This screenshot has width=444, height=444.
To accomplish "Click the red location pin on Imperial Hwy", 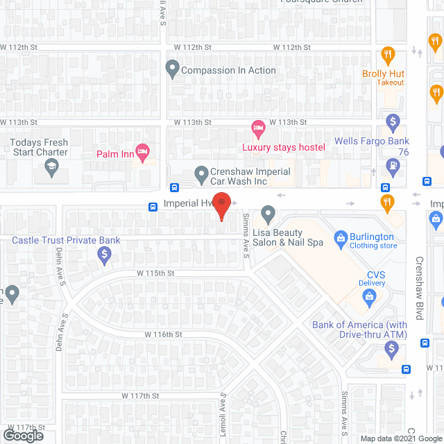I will (x=221, y=206).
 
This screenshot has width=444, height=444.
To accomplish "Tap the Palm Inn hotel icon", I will (x=143, y=152).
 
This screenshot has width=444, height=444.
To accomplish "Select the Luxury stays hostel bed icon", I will (x=258, y=128).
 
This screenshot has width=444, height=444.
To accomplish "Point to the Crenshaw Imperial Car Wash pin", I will (x=201, y=172).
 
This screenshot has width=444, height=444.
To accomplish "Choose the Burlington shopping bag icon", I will (x=340, y=240).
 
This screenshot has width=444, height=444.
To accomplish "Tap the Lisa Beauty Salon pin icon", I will (x=268, y=214).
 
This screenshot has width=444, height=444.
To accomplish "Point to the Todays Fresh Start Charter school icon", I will (x=51, y=166).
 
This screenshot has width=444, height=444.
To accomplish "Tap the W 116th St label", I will (x=163, y=334).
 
